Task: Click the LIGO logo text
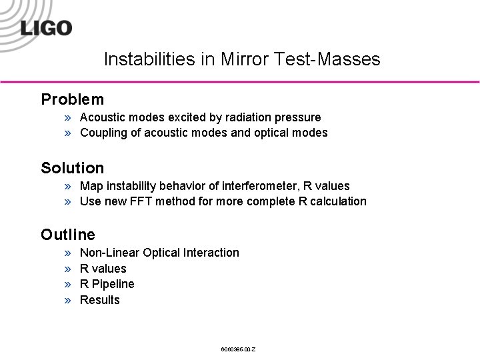(46, 28)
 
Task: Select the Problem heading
(72, 99)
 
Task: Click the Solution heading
(72, 167)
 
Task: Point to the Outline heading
(67, 235)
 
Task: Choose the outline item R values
(103, 269)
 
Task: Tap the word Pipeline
(113, 284)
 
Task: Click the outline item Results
(99, 300)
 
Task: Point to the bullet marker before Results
(68, 301)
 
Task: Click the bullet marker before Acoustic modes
(68, 118)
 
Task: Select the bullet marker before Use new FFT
(68, 202)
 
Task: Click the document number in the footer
(238, 349)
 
